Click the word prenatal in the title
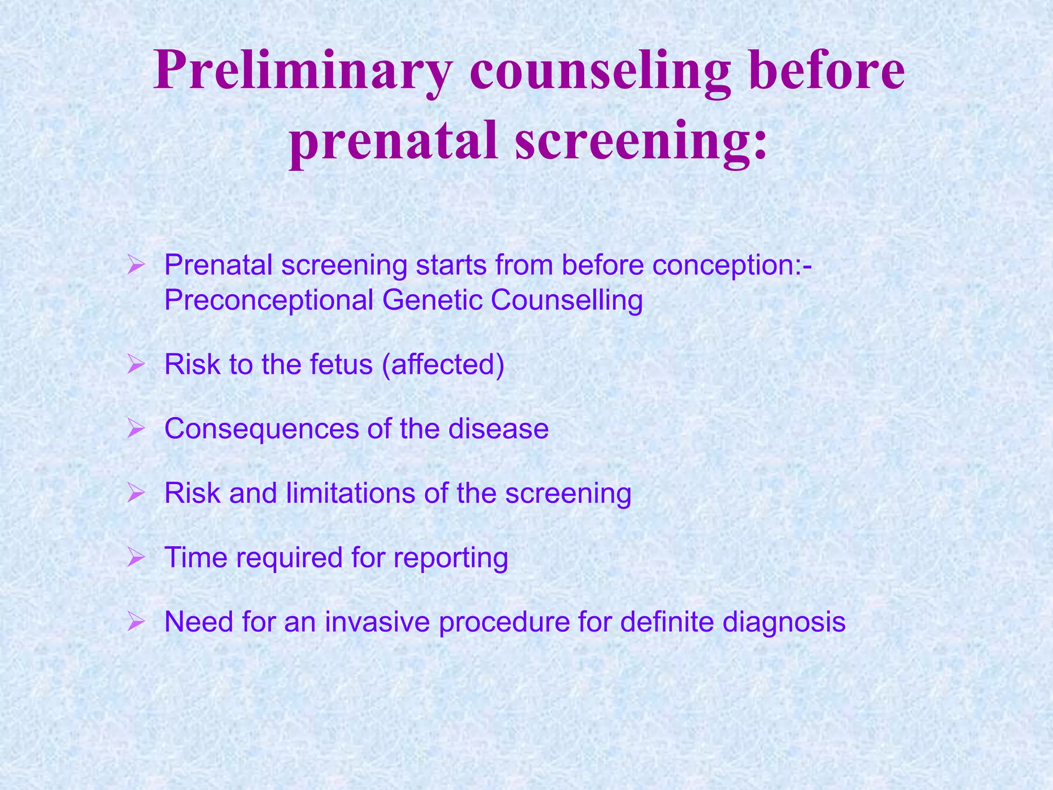tap(393, 141)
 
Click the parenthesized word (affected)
tap(443, 365)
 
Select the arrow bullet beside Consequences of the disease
tap(136, 428)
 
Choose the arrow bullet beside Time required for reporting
tap(136, 557)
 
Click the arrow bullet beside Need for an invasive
tap(136, 622)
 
